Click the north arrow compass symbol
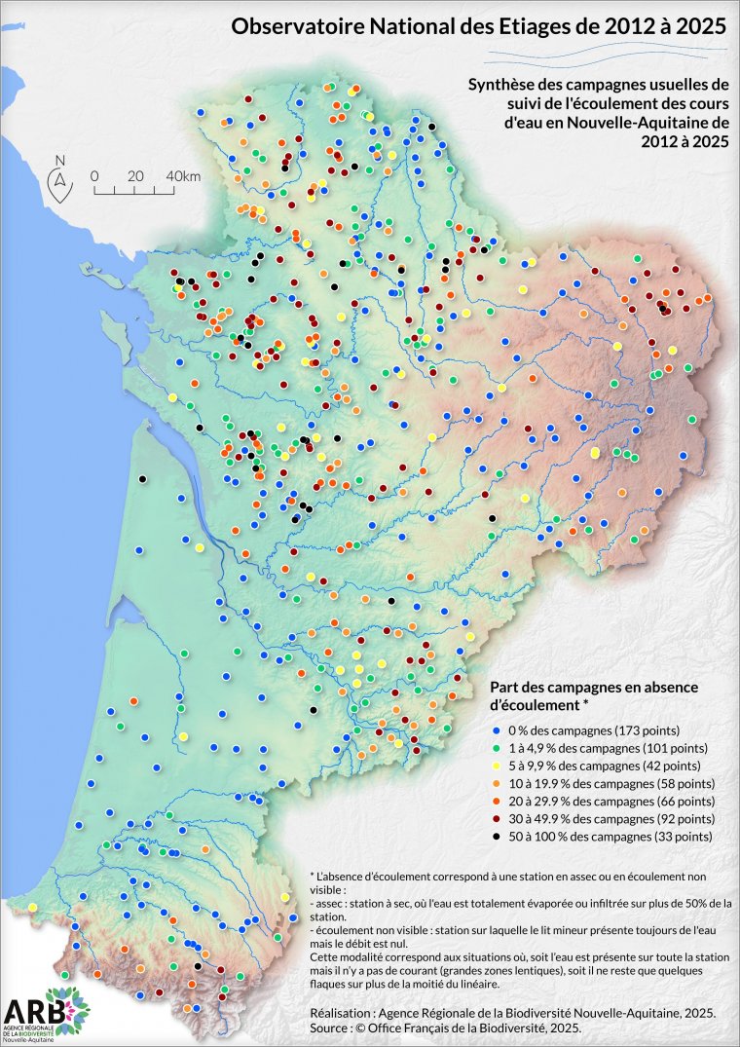pyautogui.click(x=60, y=177)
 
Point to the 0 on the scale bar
pyautogui.click(x=94, y=175)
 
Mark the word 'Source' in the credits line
pyautogui.click(x=319, y=1028)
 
